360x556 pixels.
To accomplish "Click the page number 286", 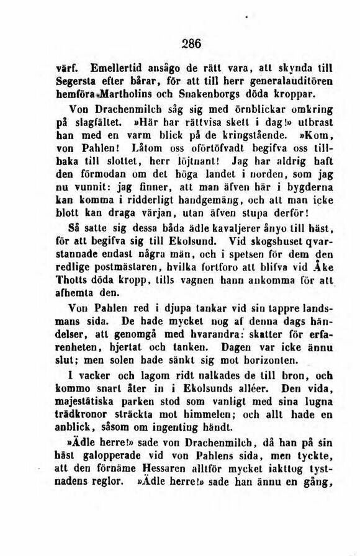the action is pos(192,43).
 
